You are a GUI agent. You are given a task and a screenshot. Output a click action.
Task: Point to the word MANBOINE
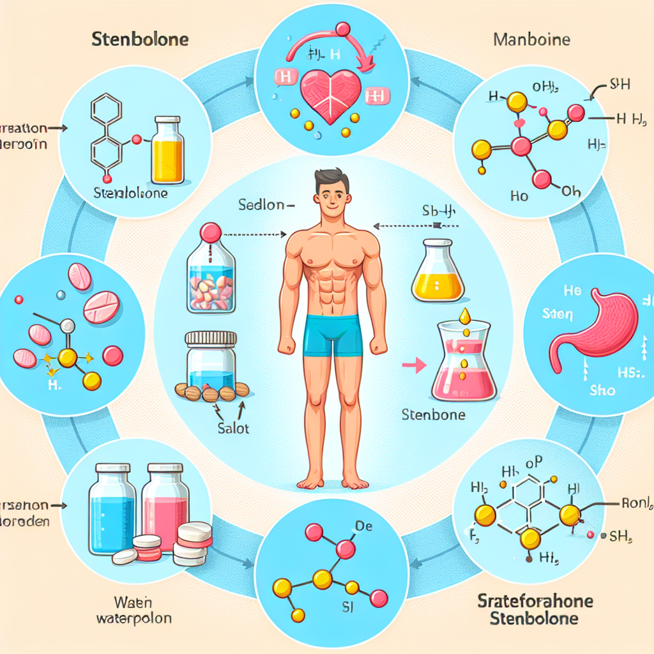(x=533, y=40)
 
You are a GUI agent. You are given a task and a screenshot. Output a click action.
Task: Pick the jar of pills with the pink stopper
(x=210, y=271)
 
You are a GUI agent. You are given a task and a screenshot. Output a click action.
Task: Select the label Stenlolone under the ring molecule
(x=130, y=193)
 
